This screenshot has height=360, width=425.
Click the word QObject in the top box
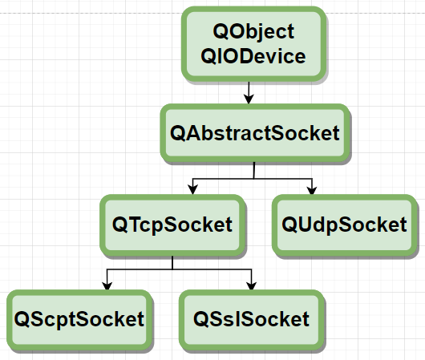coord(253,32)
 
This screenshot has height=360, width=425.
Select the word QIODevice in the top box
coord(253,56)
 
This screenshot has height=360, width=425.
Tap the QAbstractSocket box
coord(255,133)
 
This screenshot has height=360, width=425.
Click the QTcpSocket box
coord(172,225)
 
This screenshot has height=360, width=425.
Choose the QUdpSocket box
coord(345,225)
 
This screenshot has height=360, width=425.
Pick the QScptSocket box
coord(79,320)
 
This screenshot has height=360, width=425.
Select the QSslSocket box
coord(252,320)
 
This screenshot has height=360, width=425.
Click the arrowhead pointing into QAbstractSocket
coord(249,99)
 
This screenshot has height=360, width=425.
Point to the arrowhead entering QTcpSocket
coord(192,189)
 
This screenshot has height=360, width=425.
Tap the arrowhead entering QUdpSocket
coord(312,190)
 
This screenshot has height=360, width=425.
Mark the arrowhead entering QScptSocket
coord(107,285)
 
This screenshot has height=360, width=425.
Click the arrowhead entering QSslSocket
coord(252,285)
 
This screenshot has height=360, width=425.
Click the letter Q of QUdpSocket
coord(289,224)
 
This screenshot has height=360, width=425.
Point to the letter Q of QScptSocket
coord(22,319)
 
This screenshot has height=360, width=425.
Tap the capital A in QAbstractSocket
coord(193,133)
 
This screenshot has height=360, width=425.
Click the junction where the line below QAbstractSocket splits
coord(254,179)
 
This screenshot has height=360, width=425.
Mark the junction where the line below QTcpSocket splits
coord(172,269)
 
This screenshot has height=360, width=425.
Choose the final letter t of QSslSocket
coord(306,320)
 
